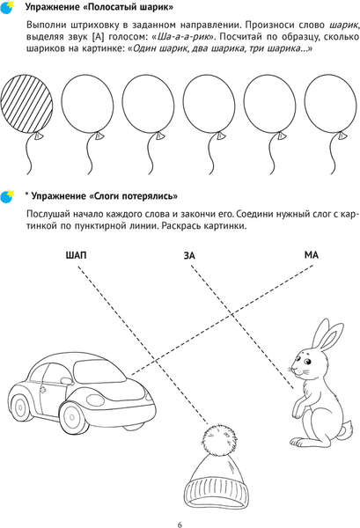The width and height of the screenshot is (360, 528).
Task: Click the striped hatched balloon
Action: (x=26, y=104)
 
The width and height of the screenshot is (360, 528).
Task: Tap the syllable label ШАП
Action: (x=76, y=255)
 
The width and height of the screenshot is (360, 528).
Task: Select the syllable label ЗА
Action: (x=189, y=256)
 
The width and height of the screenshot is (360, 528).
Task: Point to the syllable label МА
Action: (x=312, y=255)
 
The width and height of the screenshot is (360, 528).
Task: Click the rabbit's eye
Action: (x=307, y=362)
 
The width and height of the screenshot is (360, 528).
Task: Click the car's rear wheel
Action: (x=20, y=407)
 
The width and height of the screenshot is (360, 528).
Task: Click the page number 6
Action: (x=180, y=524)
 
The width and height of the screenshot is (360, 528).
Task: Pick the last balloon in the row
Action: (x=330, y=104)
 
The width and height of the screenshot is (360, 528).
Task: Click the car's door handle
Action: (x=43, y=390)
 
